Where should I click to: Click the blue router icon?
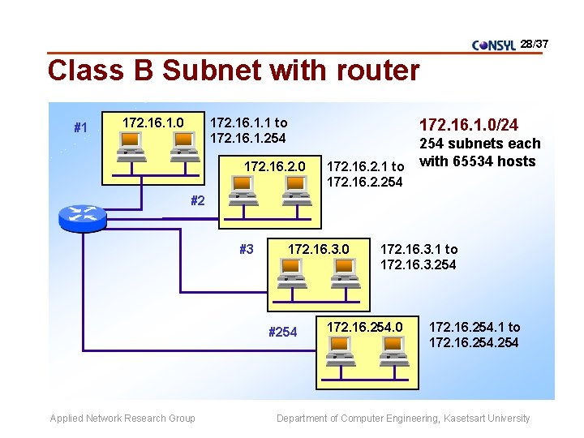[x=83, y=216]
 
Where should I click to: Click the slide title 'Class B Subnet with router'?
[x=234, y=71]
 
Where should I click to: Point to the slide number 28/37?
[x=535, y=43]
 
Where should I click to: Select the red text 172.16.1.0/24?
[x=468, y=125]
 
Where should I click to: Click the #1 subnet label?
[x=80, y=127]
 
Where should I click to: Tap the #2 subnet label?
[x=197, y=201]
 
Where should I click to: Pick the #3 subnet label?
[x=247, y=249]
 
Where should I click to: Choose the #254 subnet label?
[x=282, y=332]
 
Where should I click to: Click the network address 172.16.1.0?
[x=152, y=122]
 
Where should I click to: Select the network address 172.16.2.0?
[x=275, y=166]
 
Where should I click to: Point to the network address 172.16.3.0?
[x=320, y=249]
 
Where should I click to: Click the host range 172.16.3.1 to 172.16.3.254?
[x=419, y=257]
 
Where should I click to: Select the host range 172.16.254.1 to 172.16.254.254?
[x=474, y=335]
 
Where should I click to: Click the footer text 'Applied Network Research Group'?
[x=122, y=419]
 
